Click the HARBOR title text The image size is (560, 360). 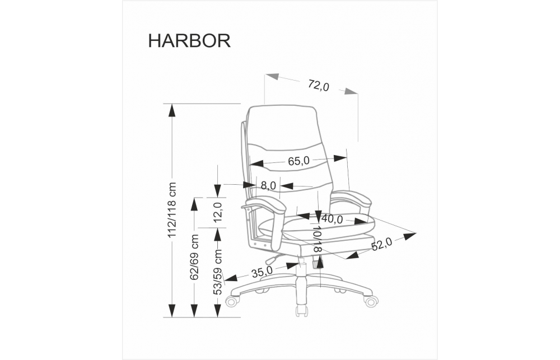click(189, 41)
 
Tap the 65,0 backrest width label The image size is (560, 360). click(299, 161)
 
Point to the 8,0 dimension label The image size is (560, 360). click(269, 185)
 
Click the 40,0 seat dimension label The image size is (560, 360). click(332, 219)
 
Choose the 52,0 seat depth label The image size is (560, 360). click(381, 244)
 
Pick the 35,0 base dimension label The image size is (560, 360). click(262, 272)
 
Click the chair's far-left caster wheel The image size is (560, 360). click(231, 302)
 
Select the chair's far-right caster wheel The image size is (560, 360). click(371, 301)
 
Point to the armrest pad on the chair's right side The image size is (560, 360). click(352, 197)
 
